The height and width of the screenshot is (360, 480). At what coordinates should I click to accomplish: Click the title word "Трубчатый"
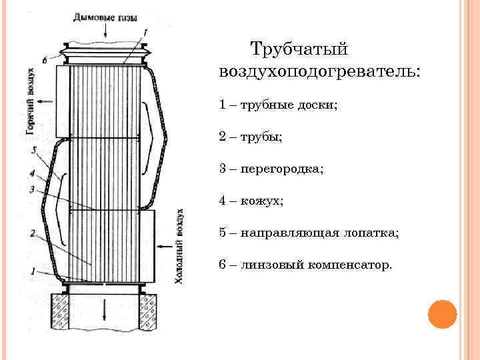click(x=299, y=49)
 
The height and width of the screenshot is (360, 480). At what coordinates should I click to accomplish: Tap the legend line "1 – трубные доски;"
click(x=279, y=105)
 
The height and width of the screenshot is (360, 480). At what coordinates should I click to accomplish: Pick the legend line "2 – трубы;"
click(x=251, y=137)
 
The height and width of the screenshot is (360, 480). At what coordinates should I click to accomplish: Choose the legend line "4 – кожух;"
click(x=251, y=201)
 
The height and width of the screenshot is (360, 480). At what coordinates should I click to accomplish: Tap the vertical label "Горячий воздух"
click(x=31, y=100)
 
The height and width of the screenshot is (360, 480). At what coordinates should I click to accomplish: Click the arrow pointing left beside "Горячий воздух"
click(x=47, y=101)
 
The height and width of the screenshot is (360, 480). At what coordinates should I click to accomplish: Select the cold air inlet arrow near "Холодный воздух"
click(x=163, y=245)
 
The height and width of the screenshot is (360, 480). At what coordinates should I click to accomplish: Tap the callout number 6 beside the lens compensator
click(x=44, y=59)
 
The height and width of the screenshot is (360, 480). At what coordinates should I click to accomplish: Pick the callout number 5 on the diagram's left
click(x=34, y=151)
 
